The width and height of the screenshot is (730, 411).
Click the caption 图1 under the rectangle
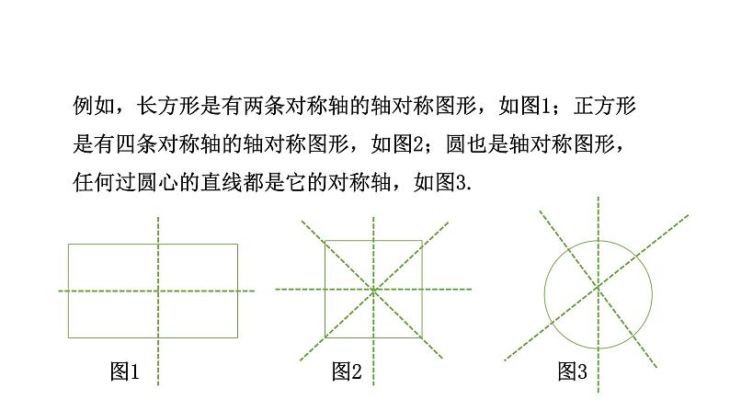tap(123, 372)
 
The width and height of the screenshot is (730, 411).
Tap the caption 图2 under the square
tap(347, 372)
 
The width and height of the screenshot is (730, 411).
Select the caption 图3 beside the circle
tap(572, 372)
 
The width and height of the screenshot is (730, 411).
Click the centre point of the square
tap(373, 290)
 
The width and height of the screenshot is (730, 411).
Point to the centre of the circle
tap(598, 287)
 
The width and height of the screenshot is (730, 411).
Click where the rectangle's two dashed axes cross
tap(158, 290)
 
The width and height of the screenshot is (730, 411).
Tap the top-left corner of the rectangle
tap(68, 244)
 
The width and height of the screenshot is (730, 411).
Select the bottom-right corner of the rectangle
tap(237, 337)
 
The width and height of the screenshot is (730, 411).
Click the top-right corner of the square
tap(421, 241)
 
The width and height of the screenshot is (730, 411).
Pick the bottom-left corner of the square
tap(325, 337)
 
